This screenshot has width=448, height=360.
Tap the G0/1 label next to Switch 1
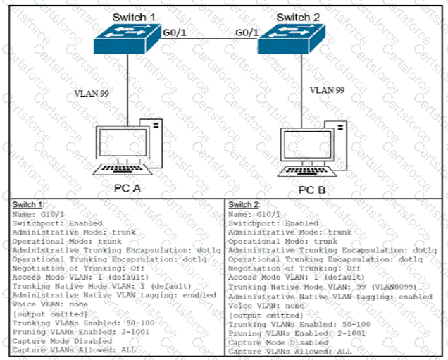pos(175,32)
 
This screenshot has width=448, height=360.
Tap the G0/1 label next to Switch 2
pos(247,32)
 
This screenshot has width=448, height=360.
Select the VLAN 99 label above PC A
pos(92,92)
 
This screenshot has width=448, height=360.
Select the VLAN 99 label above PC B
pos(328,89)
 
